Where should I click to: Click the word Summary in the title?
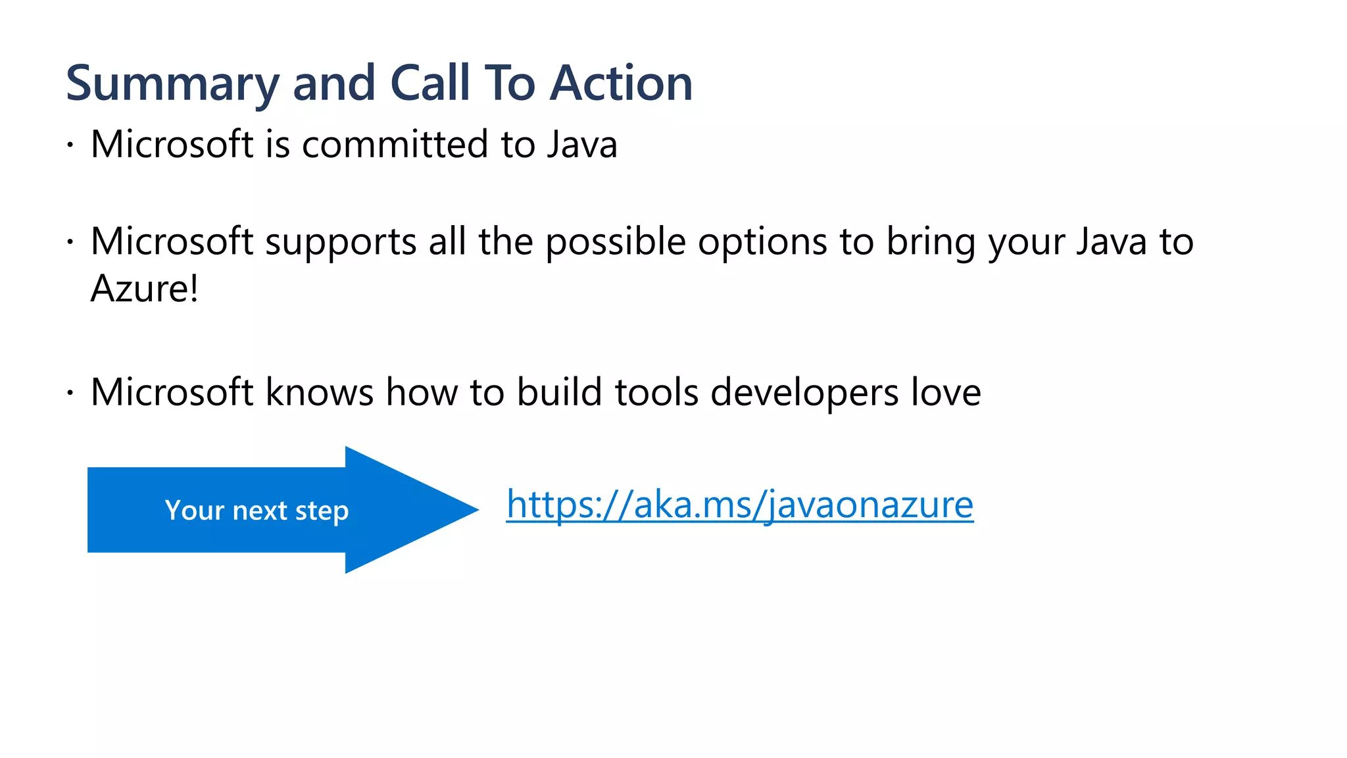[173, 84]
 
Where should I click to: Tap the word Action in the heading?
[621, 84]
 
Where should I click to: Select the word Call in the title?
[430, 84]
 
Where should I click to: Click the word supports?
[341, 241]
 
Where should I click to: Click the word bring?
[931, 241]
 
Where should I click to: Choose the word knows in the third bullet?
[320, 392]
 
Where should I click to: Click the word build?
[559, 392]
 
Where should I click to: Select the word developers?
[804, 392]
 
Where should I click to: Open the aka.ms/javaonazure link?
[739, 505]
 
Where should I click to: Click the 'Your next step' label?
[257, 511]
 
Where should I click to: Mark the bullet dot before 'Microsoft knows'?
[70, 393]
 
